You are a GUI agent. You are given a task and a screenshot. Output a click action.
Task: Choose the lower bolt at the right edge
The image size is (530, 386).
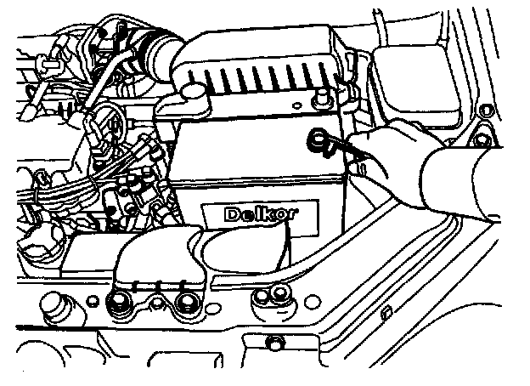483,139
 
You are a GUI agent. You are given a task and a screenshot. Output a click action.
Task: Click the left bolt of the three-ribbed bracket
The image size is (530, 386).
119,298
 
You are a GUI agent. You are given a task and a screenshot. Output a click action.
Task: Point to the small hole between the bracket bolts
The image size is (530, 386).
158,300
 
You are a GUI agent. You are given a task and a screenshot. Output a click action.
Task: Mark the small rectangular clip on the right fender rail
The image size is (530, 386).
386,314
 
